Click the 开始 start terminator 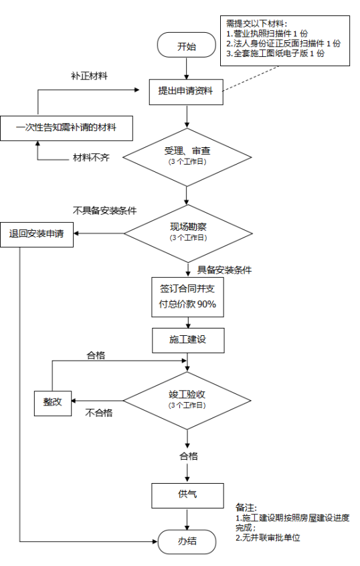[x=186, y=45]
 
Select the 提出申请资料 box [x=186, y=92]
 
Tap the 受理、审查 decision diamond [x=187, y=157]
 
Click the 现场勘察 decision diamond [x=188, y=233]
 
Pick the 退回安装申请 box [x=37, y=235]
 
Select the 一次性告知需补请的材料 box [x=66, y=128]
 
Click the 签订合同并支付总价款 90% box [x=187, y=297]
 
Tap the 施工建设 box [x=188, y=341]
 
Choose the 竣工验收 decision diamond [x=187, y=400]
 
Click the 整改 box [x=53, y=403]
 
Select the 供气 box [x=188, y=496]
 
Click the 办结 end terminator [x=187, y=541]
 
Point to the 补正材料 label [x=89, y=76]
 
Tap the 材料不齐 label [x=91, y=157]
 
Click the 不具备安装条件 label [x=104, y=211]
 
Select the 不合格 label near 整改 [x=99, y=413]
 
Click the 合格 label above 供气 [x=189, y=456]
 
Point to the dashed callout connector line [x=250, y=79]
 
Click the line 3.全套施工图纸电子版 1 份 [x=276, y=54]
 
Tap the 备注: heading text [x=246, y=508]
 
